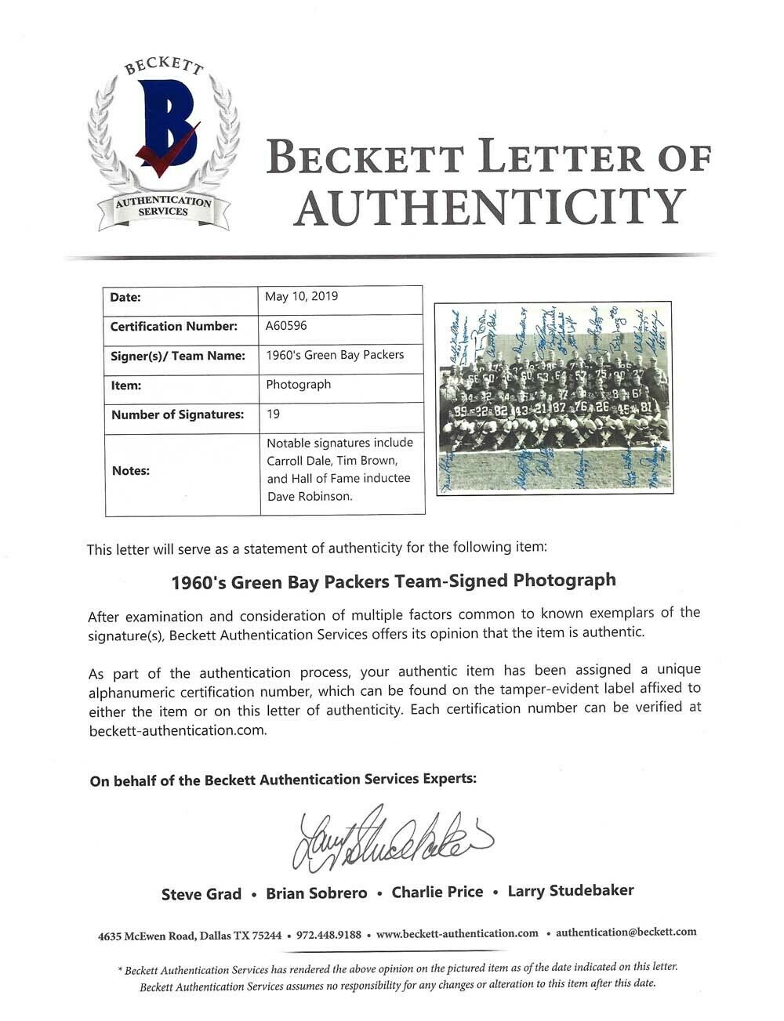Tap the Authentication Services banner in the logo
point(163,207)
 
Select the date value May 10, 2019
point(302,296)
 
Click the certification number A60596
point(287,326)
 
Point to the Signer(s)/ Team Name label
point(178,356)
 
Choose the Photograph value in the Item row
point(299,385)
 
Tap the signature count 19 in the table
point(274,414)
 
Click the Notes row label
point(131,471)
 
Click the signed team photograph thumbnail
point(554,396)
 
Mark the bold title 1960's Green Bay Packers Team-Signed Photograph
point(394,581)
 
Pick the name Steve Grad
point(201,894)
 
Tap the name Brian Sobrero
point(317,893)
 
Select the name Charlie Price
point(437,892)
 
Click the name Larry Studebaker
point(571,890)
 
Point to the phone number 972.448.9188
point(325,934)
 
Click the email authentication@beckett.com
point(626,932)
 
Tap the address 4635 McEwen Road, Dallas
point(189,935)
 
